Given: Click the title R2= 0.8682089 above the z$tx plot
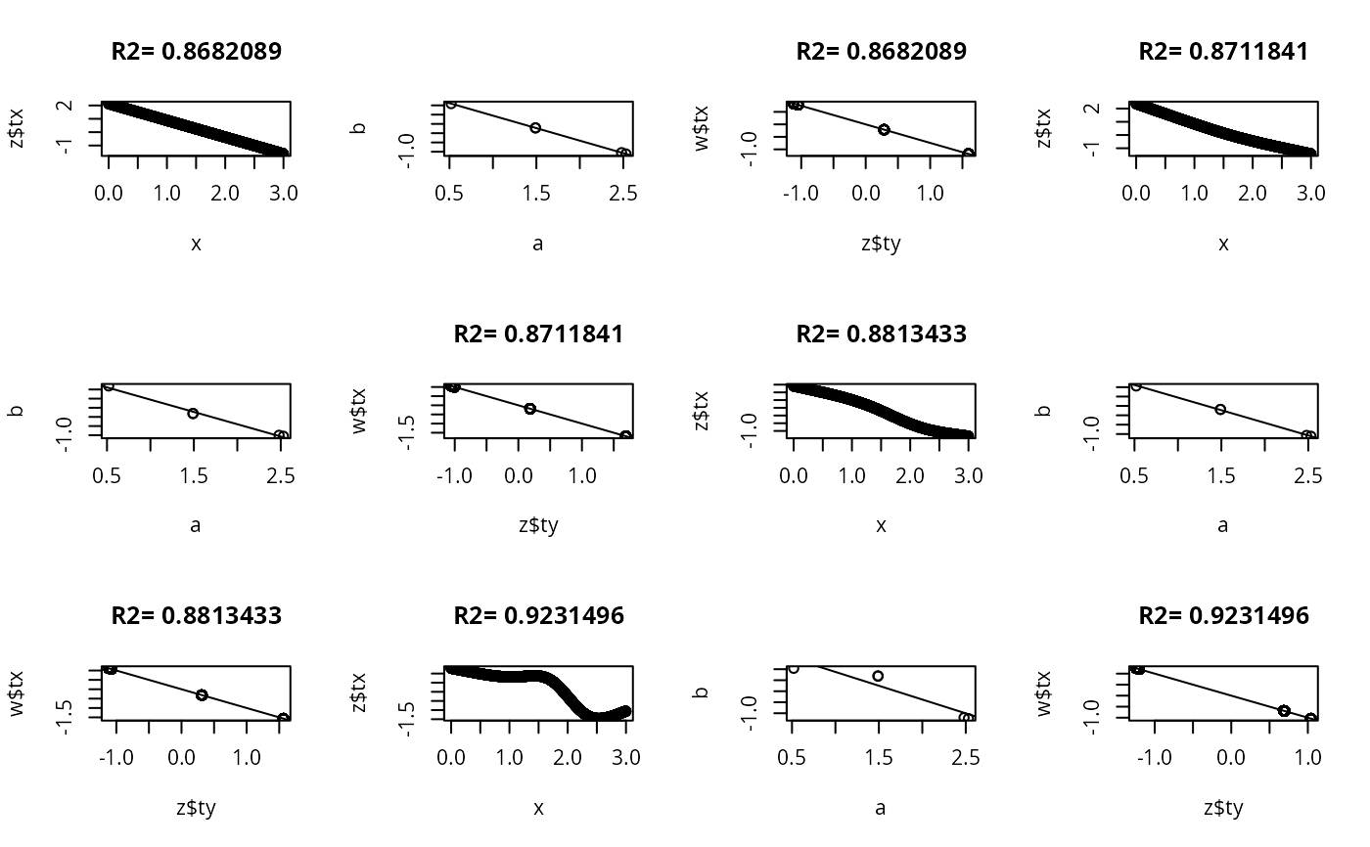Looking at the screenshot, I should pyautogui.click(x=196, y=52).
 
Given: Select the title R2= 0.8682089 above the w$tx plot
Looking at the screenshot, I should pyautogui.click(x=881, y=52).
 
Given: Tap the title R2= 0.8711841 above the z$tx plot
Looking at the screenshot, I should pyautogui.click(x=1223, y=52).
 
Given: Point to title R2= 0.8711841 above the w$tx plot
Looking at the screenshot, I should pyautogui.click(x=538, y=334).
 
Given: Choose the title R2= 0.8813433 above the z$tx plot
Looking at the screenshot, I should pyautogui.click(x=881, y=334).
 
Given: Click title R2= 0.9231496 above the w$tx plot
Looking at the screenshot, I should pyautogui.click(x=1223, y=616).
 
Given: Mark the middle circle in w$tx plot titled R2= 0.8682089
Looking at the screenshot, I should pyautogui.click(x=884, y=129).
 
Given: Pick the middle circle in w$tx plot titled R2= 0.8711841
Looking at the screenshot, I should pyautogui.click(x=530, y=408).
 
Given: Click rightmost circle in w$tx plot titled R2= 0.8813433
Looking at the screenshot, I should pyautogui.click(x=283, y=719).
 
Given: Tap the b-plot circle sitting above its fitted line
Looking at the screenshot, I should pyautogui.click(x=878, y=676).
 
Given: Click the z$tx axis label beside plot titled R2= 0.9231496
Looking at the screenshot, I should pyautogui.click(x=359, y=693).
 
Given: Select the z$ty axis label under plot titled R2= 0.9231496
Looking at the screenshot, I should pyautogui.click(x=1223, y=808).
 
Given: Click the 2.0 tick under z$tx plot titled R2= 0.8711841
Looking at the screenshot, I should pyautogui.click(x=1252, y=194).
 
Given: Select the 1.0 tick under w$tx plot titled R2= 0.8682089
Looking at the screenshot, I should pyautogui.click(x=932, y=194).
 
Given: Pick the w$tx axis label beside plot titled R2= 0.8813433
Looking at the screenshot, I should pyautogui.click(x=17, y=693).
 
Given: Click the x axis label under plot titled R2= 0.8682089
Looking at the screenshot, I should pyautogui.click(x=196, y=244).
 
